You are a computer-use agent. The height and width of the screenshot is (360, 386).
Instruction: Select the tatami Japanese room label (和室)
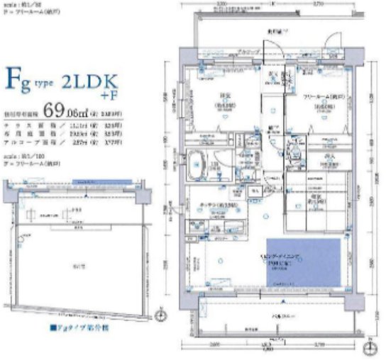click(310, 201)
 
